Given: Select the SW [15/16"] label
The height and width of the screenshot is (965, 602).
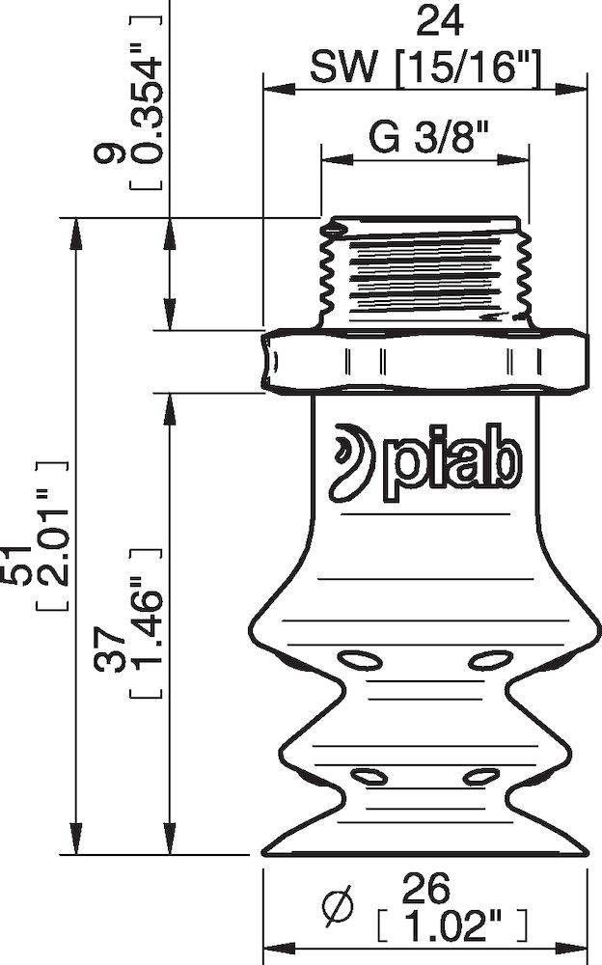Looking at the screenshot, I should click(x=425, y=67).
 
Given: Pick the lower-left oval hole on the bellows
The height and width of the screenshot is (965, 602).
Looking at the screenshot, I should click(x=368, y=775).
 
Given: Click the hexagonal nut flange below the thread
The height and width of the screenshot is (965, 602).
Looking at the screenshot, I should click(x=424, y=362).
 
